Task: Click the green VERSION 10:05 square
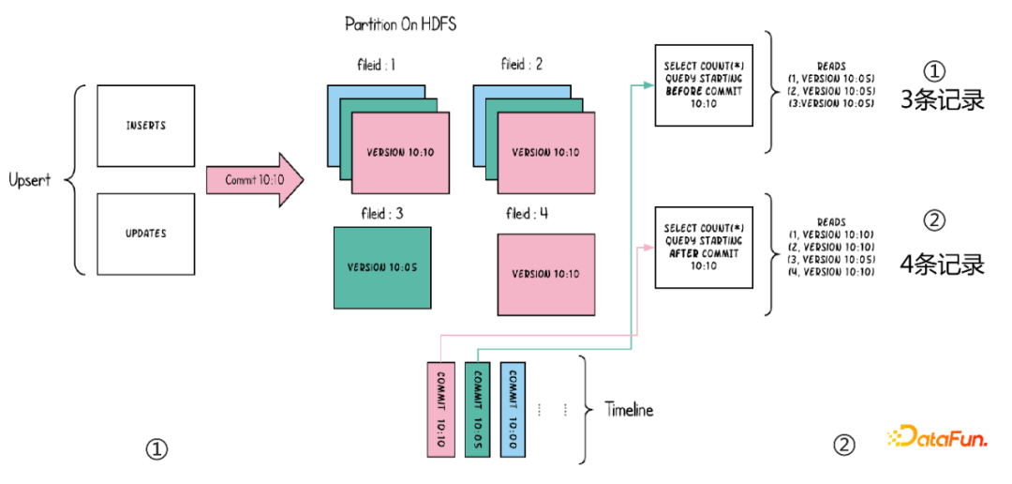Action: tap(382, 267)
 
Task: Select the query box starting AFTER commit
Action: tap(703, 247)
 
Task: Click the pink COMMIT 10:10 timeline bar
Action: tap(439, 410)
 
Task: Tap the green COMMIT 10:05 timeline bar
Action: tap(477, 410)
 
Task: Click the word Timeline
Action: tap(629, 410)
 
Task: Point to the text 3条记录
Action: tap(942, 101)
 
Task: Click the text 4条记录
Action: tap(942, 265)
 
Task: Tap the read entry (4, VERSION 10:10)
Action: tap(828, 271)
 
